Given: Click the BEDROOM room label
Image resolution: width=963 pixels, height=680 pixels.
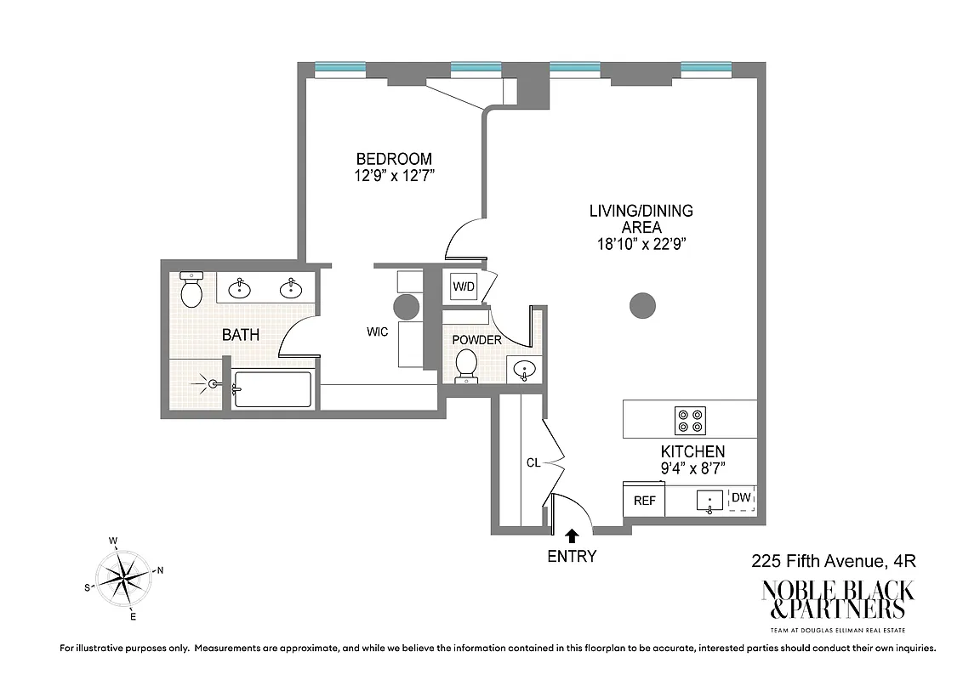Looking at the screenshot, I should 393,159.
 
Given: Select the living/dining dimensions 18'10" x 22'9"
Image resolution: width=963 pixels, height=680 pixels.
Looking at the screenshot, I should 641,244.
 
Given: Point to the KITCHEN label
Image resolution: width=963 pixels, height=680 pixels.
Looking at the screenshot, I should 692,451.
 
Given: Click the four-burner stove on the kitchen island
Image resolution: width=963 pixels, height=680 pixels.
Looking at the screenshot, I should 690,420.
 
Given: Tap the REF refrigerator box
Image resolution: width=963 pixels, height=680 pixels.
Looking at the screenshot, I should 644,501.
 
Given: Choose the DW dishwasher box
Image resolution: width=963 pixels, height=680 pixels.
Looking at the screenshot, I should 742,498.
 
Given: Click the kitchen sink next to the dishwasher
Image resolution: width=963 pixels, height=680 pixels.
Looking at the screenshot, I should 709,501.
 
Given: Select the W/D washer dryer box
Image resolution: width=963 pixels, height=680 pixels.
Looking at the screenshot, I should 464,287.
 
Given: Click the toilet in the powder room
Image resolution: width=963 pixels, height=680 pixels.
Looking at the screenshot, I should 467,365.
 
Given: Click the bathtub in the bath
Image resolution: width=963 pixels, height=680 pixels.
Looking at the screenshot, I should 272,389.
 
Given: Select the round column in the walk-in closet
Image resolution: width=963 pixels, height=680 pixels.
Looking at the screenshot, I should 406,306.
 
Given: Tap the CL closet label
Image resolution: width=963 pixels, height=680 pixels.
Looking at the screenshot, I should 533,463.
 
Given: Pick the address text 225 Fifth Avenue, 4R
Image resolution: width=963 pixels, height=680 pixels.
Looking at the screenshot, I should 832,561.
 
